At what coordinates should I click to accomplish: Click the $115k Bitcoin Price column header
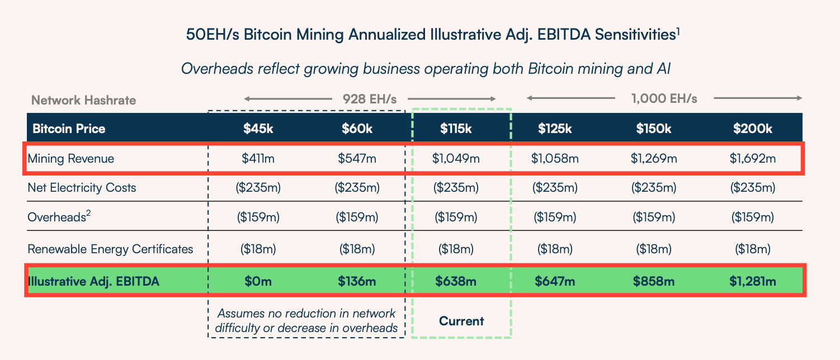click(x=455, y=129)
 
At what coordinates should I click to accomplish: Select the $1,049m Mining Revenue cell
click(x=455, y=159)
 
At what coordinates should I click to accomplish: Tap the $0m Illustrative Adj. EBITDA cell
click(x=258, y=281)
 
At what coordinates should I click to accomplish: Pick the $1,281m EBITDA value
click(x=752, y=281)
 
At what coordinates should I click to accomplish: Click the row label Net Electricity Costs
click(x=82, y=188)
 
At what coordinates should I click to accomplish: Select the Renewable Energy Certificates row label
click(x=110, y=249)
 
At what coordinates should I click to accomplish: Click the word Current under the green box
click(x=461, y=321)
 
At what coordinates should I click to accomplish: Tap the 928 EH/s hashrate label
click(x=369, y=99)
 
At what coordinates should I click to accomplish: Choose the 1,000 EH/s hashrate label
click(x=664, y=99)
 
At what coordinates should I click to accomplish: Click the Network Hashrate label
click(x=83, y=101)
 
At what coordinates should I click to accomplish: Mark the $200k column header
click(x=752, y=129)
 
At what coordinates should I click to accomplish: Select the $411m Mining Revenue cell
click(x=258, y=159)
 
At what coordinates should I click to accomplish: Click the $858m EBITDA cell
click(x=654, y=281)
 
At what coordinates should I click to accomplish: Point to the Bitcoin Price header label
click(x=69, y=129)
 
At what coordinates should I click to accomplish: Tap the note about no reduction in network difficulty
click(x=306, y=320)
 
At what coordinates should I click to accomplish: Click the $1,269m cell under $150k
click(x=654, y=159)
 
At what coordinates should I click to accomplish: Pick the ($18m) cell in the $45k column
click(x=258, y=249)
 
